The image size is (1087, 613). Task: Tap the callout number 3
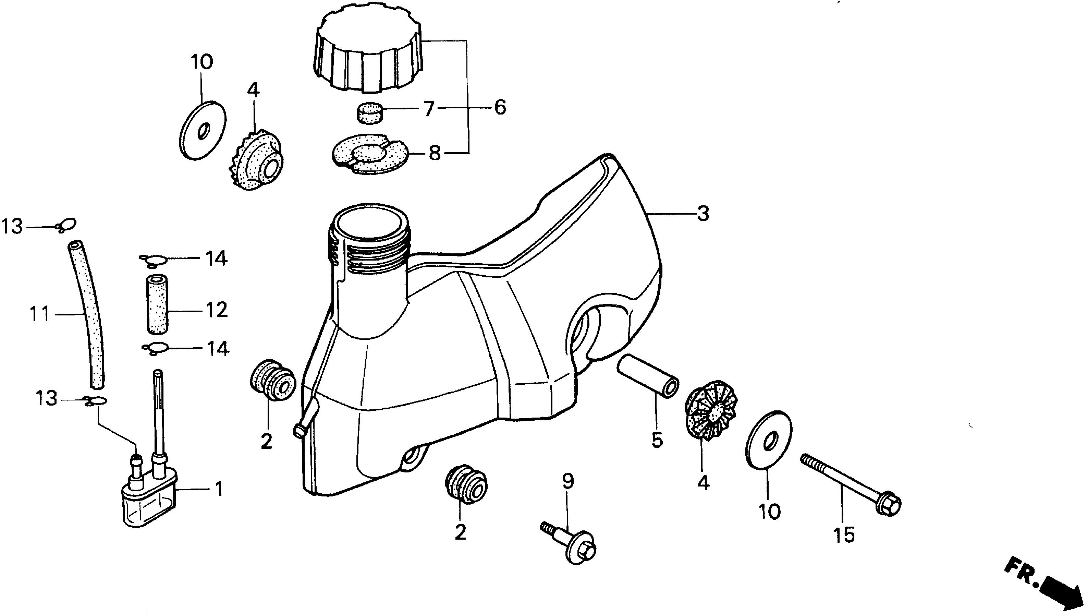point(703,214)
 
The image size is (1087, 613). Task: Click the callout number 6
point(500,108)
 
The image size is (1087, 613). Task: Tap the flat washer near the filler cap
point(203,131)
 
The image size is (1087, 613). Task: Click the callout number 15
point(844,535)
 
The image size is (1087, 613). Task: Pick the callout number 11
point(40,314)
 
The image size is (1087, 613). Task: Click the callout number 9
point(568,482)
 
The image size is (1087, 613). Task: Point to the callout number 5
point(657,440)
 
